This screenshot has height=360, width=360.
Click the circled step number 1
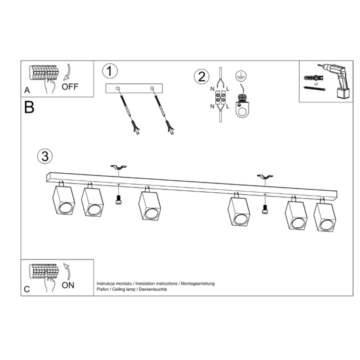[109, 71]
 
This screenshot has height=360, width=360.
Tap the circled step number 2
[201, 77]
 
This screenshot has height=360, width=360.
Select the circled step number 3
[45, 156]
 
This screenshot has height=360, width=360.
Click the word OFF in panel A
[70, 86]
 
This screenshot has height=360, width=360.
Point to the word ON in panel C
[68, 285]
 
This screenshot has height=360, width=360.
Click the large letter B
[29, 107]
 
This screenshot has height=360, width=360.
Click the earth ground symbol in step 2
[241, 74]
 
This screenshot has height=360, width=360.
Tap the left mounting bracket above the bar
[118, 168]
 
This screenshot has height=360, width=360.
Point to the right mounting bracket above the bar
[264, 177]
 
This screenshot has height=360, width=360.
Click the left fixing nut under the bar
[119, 199]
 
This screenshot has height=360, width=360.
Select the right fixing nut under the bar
[265, 209]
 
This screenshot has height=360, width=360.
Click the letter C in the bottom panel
[27, 289]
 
